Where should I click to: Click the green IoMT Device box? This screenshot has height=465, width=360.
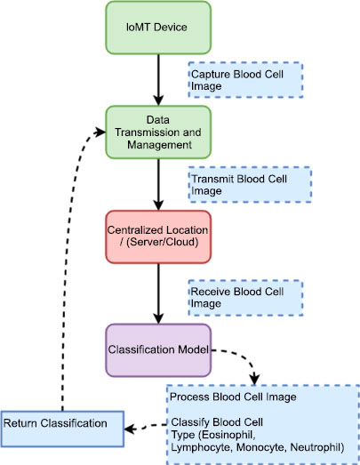coord(158,28)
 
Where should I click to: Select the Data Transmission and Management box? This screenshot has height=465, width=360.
coord(158,132)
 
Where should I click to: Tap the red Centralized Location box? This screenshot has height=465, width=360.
coord(158,237)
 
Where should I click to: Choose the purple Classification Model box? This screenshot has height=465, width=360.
coord(158,350)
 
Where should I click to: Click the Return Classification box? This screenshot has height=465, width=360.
coord(62,429)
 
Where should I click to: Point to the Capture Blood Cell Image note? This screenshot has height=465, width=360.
coord(245,80)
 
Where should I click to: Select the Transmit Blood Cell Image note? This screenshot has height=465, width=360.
coord(250,184)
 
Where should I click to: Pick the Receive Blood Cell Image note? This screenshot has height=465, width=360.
coord(245,298)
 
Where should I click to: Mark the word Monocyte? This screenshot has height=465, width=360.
coord(261,447)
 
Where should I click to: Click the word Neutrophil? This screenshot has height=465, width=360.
coord(316,447)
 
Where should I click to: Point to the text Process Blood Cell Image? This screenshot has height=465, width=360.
coord(233,397)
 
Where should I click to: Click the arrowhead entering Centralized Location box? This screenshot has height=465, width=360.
coord(158,205)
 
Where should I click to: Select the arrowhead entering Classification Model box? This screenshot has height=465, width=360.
coord(158,319)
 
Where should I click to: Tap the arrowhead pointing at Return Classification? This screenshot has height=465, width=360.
coord(130,429)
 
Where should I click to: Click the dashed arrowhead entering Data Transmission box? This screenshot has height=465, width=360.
coord(100,132)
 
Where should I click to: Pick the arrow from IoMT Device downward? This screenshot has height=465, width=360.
coord(158,80)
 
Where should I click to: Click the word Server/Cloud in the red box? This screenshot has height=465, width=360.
coord(163,242)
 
